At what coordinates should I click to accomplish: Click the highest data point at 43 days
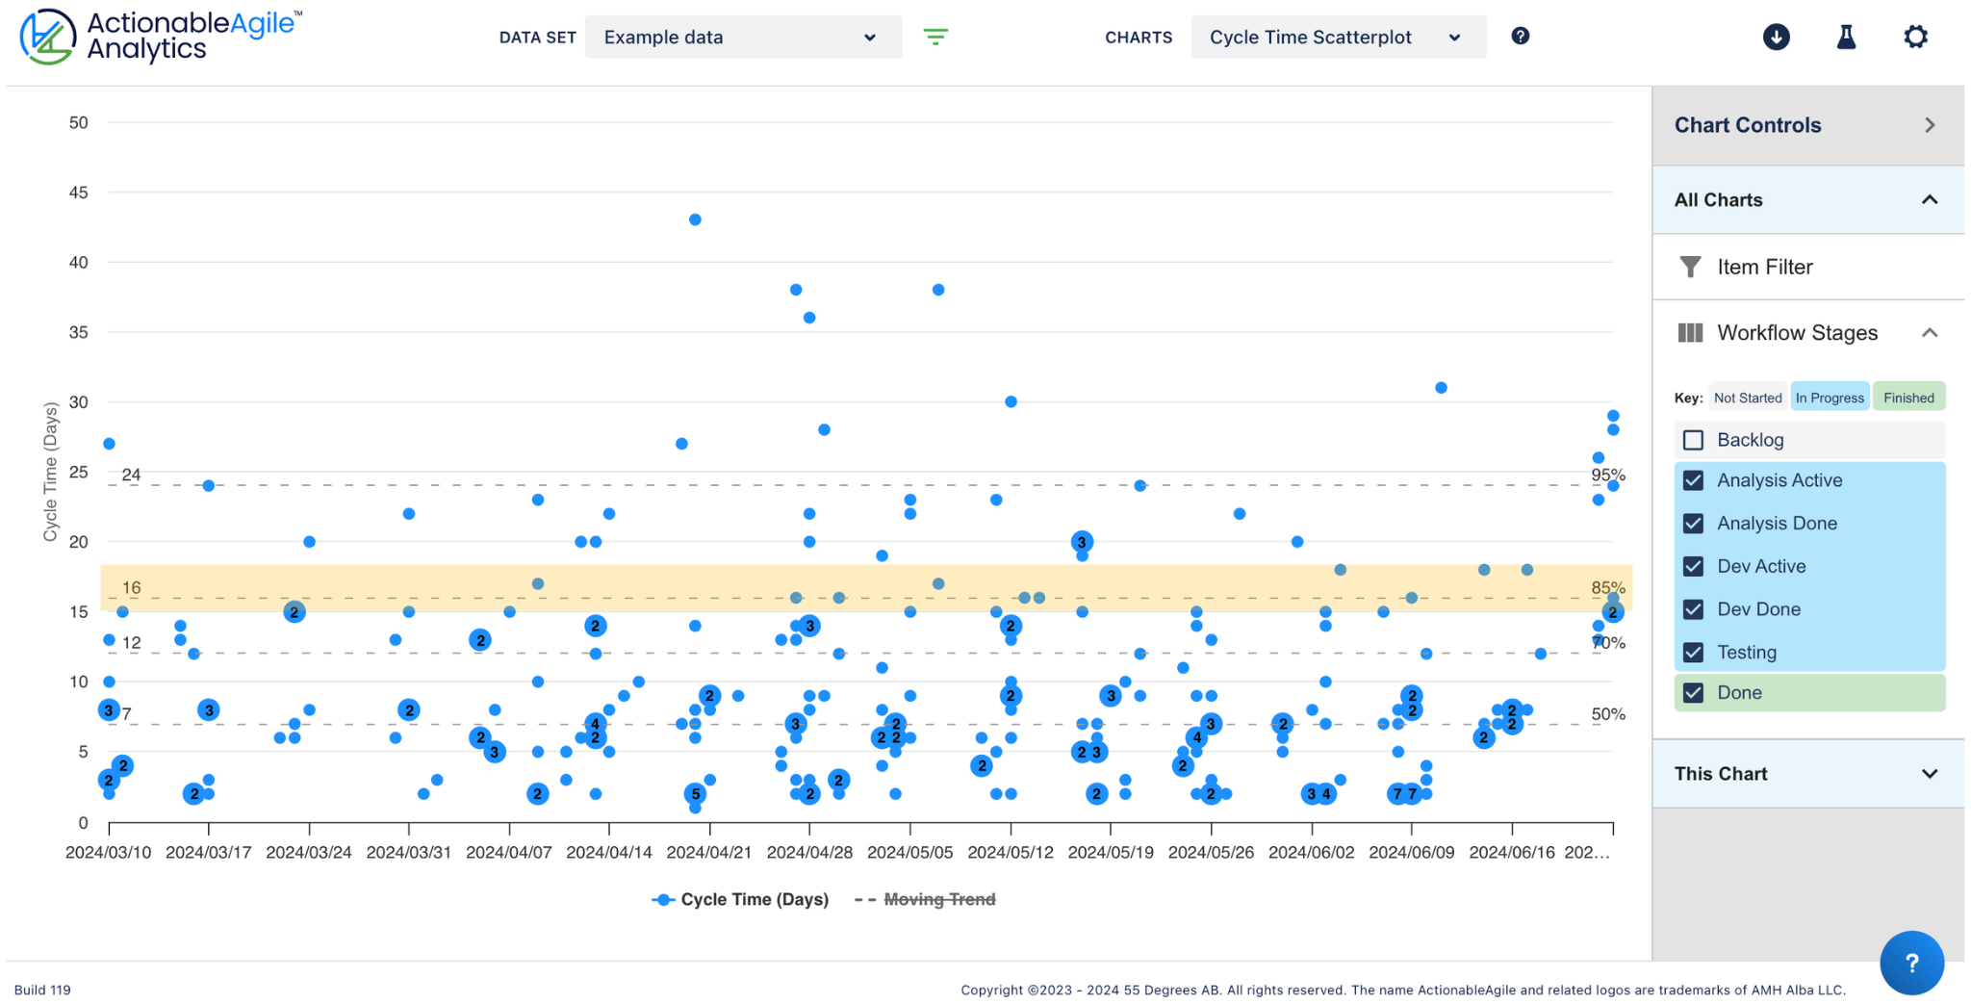coord(695,219)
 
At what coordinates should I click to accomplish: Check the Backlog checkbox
coord(1693,440)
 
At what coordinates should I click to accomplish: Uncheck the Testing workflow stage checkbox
coord(1693,653)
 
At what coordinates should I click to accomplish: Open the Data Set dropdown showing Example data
coord(742,38)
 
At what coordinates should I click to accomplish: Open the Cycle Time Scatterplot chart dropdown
coord(1337,38)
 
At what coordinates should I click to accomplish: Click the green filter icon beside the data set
coord(935,38)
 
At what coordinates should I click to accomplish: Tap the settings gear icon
coord(1915,38)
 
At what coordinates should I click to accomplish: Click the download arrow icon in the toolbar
coord(1776,38)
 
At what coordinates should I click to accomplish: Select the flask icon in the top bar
coord(1845,38)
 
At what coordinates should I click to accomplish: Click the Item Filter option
coord(1764,267)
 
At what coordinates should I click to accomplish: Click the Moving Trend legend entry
coord(938,899)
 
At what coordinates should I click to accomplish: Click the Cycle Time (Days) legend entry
coord(754,899)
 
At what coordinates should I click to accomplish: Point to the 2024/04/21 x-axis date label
coord(709,853)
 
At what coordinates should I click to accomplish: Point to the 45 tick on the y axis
coord(79,193)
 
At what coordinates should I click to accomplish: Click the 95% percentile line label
coord(1607,475)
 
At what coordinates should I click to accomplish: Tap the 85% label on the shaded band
coord(1607,587)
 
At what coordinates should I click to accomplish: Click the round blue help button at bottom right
coord(1910,963)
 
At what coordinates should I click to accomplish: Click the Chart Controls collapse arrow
coord(1929,125)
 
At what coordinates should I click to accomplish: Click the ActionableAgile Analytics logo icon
coord(47,38)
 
